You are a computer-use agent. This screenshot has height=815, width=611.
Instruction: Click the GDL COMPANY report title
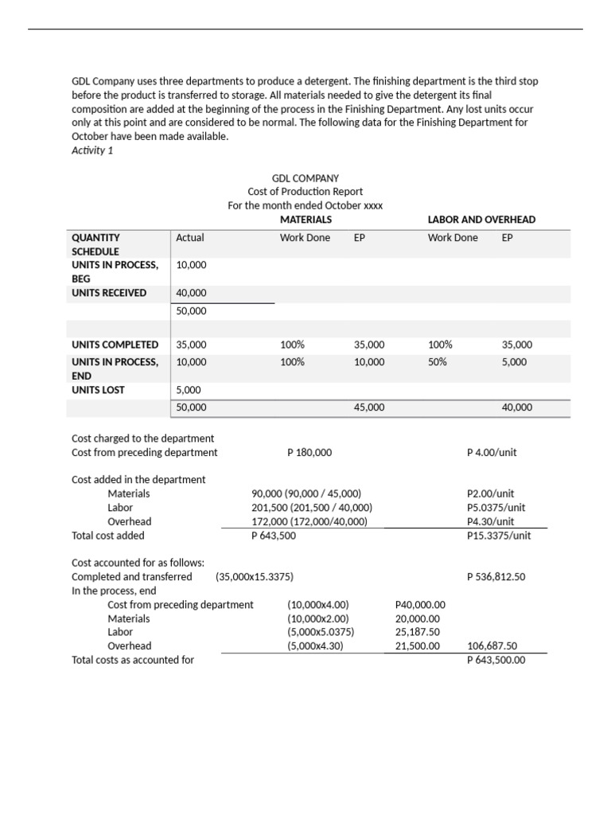pos(305,178)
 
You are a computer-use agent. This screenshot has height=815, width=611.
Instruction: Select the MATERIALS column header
pos(305,219)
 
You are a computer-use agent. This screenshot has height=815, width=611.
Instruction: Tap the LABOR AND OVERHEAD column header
pos(481,219)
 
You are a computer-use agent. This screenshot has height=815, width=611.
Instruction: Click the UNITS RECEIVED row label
pos(109,293)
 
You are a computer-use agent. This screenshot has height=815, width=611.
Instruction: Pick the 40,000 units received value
pos(191,293)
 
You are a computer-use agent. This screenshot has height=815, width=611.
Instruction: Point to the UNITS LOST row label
pos(98,390)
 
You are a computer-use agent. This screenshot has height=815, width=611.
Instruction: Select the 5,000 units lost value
pos(189,390)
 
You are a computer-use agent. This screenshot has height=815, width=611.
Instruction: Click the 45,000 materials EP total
pos(369,407)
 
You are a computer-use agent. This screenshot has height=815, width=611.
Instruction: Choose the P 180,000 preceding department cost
pos(309,452)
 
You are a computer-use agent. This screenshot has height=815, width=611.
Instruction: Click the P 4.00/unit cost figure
pos(492,452)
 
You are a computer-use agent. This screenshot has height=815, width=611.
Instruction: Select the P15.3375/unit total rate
pos(499,536)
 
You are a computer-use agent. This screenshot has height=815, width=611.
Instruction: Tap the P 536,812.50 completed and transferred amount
pos(496,576)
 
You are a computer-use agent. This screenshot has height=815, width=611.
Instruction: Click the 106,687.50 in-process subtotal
pos(492,646)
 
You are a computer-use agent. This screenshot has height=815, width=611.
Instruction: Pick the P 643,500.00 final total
pos(496,660)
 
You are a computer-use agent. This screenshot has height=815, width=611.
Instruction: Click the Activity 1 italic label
pos(92,150)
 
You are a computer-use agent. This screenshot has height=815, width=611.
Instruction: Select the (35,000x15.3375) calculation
pos(259,576)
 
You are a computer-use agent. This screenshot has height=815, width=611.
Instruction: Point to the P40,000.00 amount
pos(420,604)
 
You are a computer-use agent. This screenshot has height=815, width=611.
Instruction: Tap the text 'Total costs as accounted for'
pos(133,660)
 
